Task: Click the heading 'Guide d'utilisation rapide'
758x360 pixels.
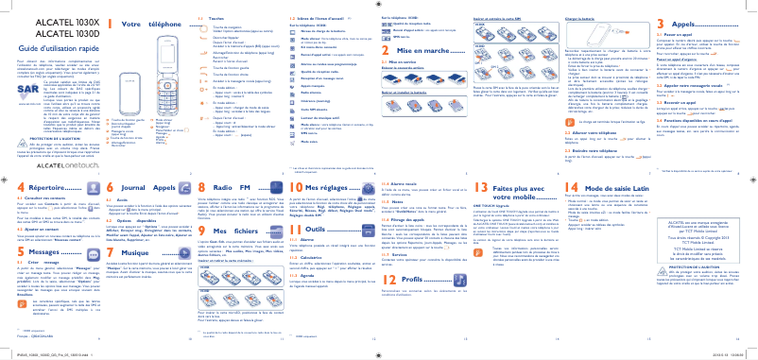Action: click(x=47, y=45)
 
